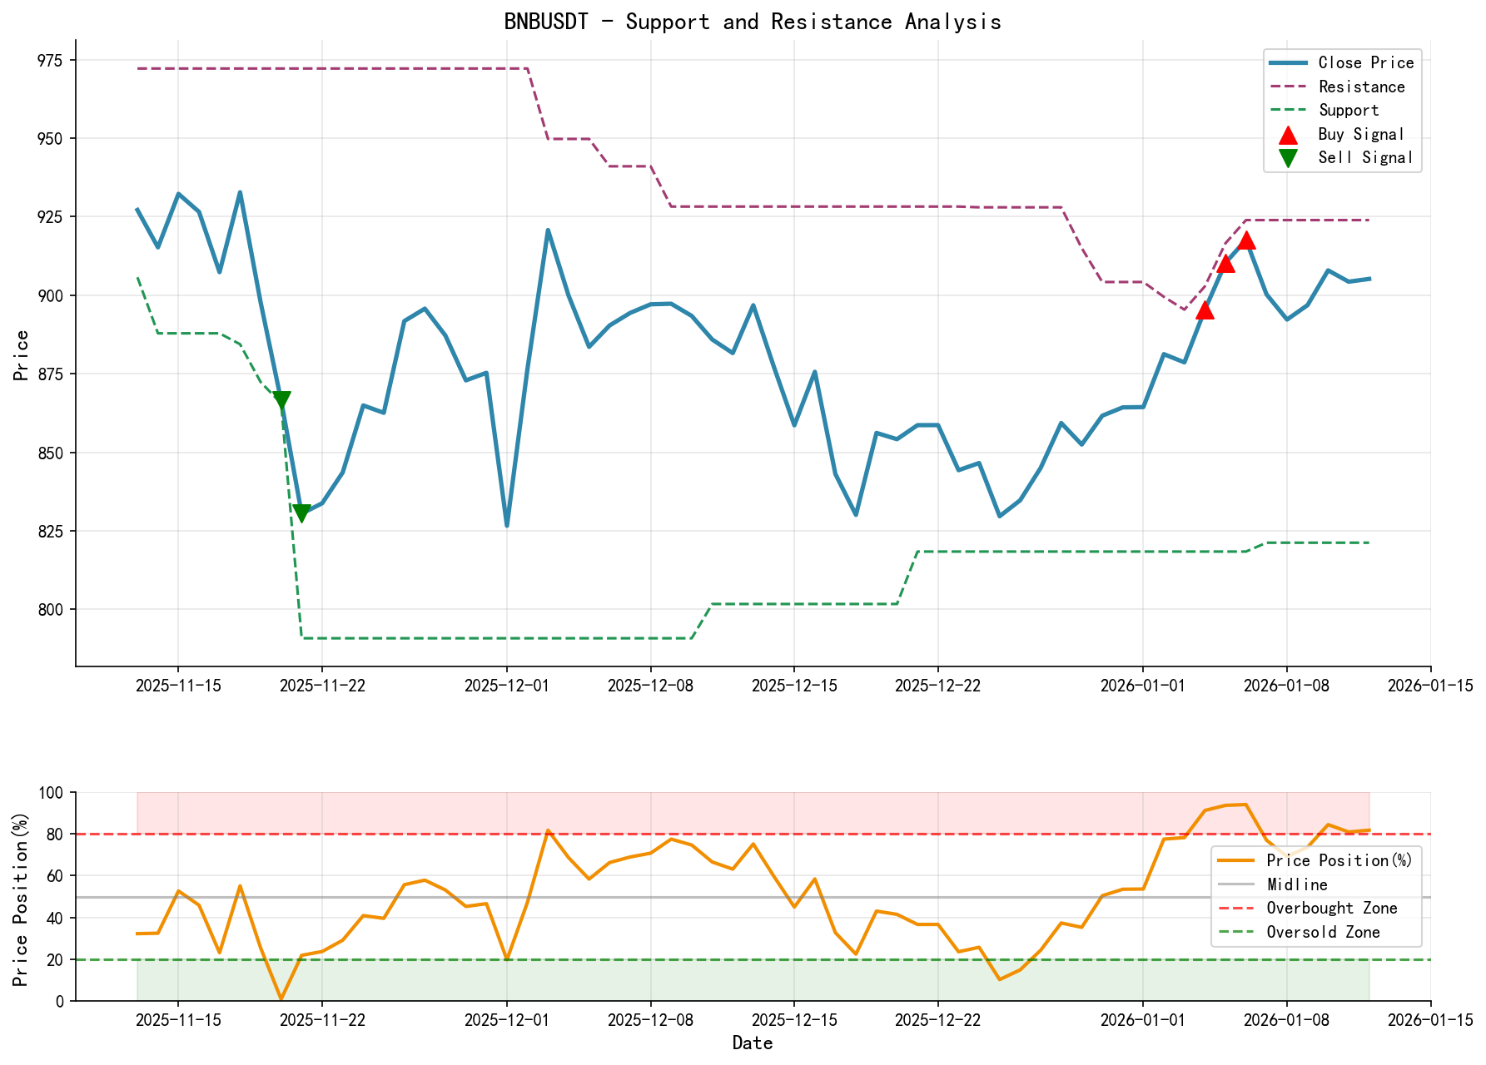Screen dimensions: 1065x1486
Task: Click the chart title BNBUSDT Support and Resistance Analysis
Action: point(752,22)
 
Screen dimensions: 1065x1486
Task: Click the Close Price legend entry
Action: point(1365,62)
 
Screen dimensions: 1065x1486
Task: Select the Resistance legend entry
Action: point(1361,87)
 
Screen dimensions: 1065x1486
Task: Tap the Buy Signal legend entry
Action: point(1360,134)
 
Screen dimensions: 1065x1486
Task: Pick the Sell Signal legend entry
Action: point(1364,157)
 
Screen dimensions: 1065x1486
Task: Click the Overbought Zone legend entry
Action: point(1331,909)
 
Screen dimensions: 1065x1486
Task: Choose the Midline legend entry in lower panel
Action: point(1296,884)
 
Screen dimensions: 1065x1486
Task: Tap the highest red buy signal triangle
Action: point(1245,240)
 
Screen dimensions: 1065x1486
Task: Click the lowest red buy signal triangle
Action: point(1204,310)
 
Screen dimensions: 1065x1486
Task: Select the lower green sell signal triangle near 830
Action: point(301,513)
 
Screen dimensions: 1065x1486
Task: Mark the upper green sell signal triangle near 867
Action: point(281,400)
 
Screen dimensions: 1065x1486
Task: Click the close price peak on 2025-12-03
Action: point(548,230)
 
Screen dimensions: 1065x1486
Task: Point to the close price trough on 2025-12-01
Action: point(507,525)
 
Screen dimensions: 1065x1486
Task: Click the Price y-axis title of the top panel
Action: point(22,355)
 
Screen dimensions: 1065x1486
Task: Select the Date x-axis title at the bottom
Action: point(752,1043)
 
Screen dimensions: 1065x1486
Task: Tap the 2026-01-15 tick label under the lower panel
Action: point(1429,1018)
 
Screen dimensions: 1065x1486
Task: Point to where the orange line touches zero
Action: point(281,998)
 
